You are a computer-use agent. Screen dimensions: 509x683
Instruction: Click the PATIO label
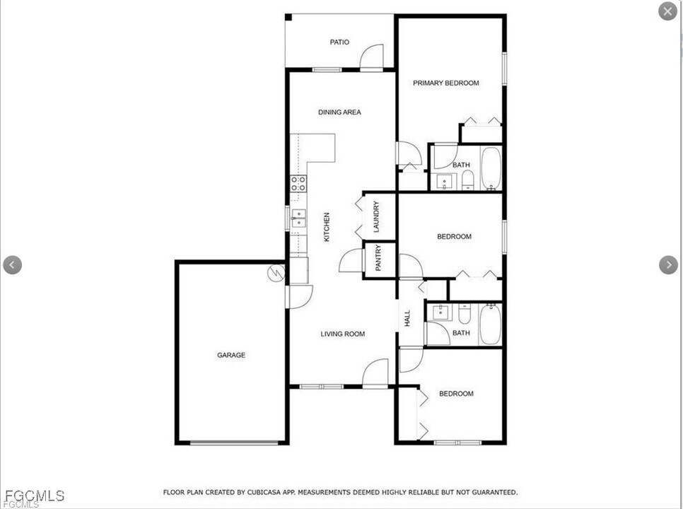[x=339, y=42]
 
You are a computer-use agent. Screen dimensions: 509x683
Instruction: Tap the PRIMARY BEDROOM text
[x=445, y=83]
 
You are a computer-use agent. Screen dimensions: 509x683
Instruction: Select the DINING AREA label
[x=339, y=112]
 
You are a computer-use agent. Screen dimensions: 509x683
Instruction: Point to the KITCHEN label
[x=327, y=228]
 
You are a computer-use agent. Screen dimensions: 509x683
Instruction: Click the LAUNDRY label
[x=376, y=217]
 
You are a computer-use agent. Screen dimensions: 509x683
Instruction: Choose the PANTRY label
[x=378, y=259]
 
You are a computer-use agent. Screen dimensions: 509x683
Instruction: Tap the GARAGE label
[x=231, y=355]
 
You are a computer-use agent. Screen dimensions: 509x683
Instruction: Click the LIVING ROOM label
[x=343, y=334]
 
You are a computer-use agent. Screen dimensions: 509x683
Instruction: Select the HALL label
[x=407, y=319]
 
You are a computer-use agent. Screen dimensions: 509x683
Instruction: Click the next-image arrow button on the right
[x=668, y=265]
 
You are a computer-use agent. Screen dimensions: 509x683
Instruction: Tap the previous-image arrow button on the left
[x=13, y=265]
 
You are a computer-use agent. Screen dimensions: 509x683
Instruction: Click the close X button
[x=667, y=11]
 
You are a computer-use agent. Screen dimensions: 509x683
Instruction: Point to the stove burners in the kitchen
[x=298, y=184]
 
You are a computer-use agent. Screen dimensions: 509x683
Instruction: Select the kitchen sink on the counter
[x=298, y=218]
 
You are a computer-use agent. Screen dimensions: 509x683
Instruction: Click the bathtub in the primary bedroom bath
[x=491, y=168]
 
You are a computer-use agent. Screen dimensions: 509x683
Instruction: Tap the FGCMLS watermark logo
[x=33, y=496]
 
